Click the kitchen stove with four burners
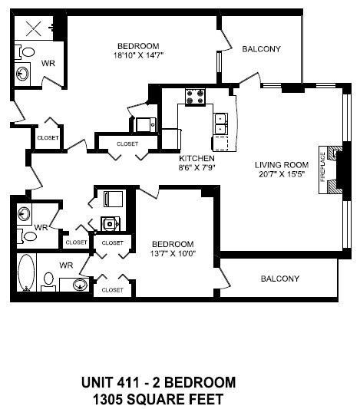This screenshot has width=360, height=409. (x=195, y=97)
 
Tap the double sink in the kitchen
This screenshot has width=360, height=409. (x=222, y=120)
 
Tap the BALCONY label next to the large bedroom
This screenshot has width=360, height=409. (x=261, y=49)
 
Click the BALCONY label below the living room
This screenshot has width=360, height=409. (x=279, y=279)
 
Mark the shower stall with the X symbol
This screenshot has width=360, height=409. (x=34, y=29)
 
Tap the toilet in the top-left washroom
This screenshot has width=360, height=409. (x=28, y=53)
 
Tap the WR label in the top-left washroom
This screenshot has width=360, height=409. (x=48, y=63)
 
